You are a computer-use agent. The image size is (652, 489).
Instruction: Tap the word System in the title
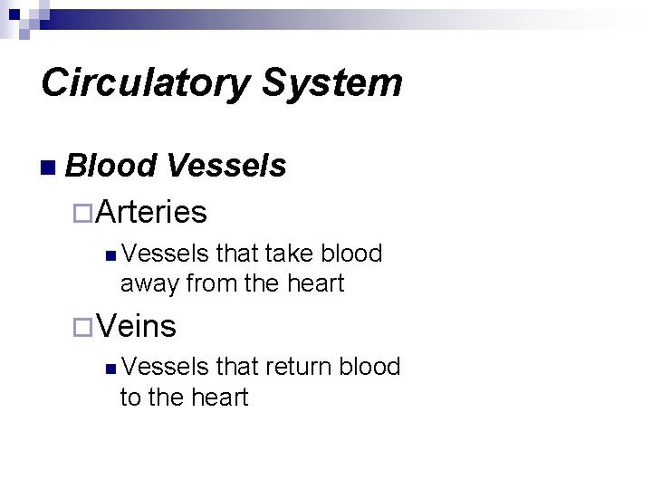[x=332, y=83]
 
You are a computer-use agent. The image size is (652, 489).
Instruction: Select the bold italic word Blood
[x=110, y=166]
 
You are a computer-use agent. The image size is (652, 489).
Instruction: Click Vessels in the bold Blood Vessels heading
[x=226, y=166]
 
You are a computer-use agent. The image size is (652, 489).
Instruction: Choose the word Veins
[x=137, y=325]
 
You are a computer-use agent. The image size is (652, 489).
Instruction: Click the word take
[x=289, y=254]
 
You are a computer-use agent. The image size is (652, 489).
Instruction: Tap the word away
[x=149, y=284]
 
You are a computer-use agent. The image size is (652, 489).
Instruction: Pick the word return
[x=298, y=367]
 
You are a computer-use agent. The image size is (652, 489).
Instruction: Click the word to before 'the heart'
[x=131, y=398]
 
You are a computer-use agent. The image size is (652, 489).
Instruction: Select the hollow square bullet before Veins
[x=83, y=327]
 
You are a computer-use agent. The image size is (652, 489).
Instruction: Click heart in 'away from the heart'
[x=314, y=284]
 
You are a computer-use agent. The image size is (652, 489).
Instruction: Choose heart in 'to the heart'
[x=217, y=398]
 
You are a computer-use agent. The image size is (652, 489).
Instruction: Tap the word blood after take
[x=350, y=254]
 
